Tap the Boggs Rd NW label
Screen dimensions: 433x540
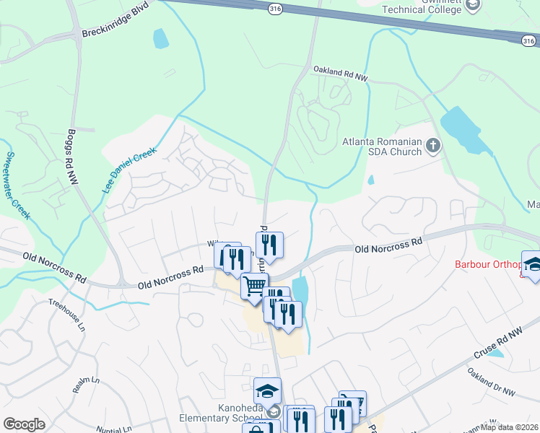click(71, 158)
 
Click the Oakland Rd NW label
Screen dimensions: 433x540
click(340, 72)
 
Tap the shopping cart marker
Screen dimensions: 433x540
click(254, 287)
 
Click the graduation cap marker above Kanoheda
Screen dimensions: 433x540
click(267, 392)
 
